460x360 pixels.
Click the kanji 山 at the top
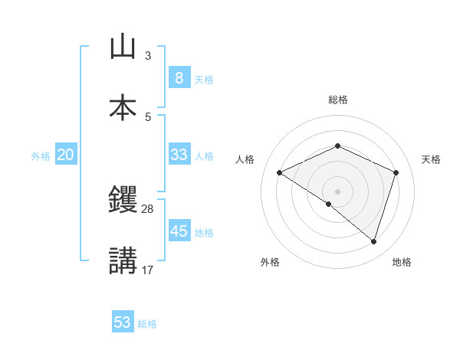(x=123, y=47)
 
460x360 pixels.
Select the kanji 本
(x=123, y=107)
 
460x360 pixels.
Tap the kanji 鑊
(x=123, y=201)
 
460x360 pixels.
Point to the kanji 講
(x=123, y=260)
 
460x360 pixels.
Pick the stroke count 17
(x=148, y=269)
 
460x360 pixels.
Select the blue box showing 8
(x=179, y=78)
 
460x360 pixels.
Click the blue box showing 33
(x=179, y=155)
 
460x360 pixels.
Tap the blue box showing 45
(x=179, y=231)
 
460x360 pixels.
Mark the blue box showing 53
(x=123, y=322)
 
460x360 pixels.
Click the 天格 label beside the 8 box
(x=204, y=80)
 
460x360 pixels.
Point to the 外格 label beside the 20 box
(x=41, y=156)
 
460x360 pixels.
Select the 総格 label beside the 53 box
(x=147, y=324)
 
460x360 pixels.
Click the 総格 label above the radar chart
(x=338, y=100)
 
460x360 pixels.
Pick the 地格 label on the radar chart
(x=402, y=263)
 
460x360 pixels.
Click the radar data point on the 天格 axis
(x=396, y=172)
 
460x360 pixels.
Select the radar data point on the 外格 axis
(x=329, y=205)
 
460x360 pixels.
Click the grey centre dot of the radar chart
(x=338, y=191)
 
